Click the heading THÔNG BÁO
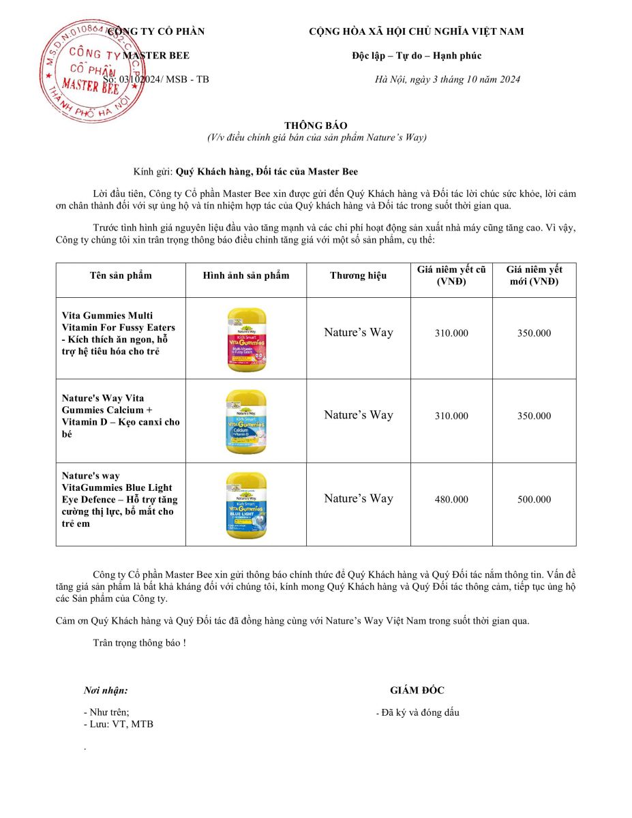316,125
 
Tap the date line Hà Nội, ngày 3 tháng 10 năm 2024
447,79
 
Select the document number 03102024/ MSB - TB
164,79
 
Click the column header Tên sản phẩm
121,275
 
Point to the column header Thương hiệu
358,275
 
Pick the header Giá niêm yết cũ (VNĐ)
451,275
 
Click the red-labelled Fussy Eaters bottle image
246,339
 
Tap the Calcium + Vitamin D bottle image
246,421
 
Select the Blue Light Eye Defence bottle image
246,504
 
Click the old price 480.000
451,500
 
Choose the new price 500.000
534,500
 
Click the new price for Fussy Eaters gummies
534,333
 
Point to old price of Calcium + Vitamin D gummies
451,416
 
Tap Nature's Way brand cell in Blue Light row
358,498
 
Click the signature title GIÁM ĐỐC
417,691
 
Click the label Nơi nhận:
106,691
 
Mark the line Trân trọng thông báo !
139,643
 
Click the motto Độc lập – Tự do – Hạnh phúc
416,56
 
